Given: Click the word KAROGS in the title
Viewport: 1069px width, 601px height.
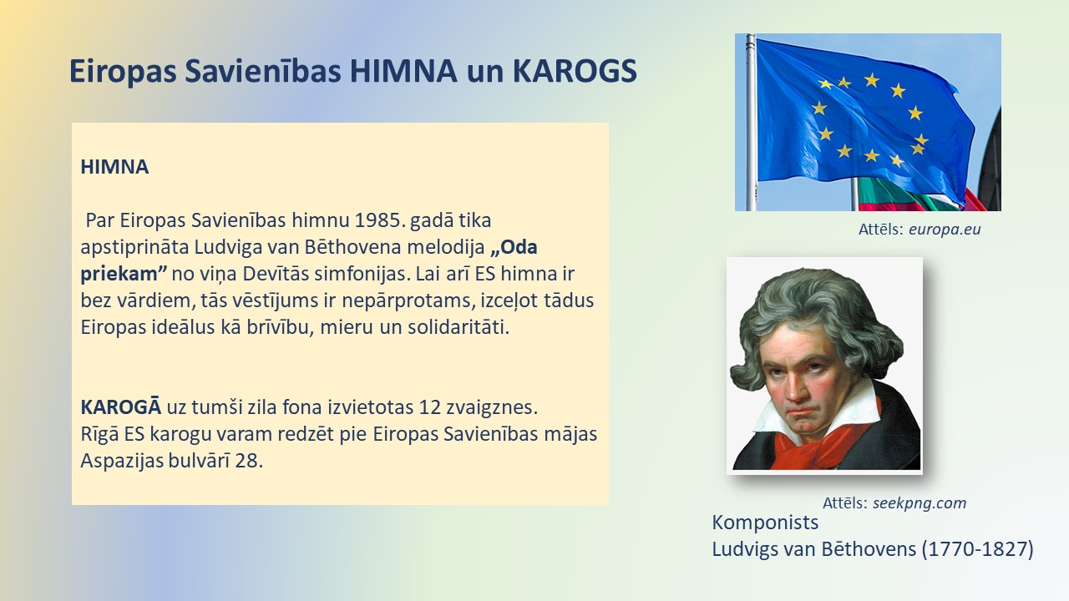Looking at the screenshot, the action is click(x=575, y=71).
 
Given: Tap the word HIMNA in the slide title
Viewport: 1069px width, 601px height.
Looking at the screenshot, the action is click(x=403, y=71).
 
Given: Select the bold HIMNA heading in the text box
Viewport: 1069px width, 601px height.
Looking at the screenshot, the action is click(x=114, y=167).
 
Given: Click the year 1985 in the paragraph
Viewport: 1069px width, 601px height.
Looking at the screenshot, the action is click(x=380, y=220).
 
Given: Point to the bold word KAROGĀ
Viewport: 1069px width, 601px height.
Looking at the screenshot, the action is click(x=121, y=407).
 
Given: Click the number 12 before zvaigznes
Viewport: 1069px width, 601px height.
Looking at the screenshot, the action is click(x=429, y=407).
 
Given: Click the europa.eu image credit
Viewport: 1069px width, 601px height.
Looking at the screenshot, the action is click(x=945, y=230).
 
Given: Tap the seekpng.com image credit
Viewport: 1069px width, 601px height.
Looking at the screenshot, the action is click(x=920, y=503).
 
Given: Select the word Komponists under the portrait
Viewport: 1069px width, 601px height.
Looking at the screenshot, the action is click(x=765, y=523).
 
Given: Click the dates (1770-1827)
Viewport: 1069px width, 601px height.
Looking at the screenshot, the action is click(x=977, y=549).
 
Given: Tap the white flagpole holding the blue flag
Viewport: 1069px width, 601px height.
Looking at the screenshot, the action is click(x=751, y=122).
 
